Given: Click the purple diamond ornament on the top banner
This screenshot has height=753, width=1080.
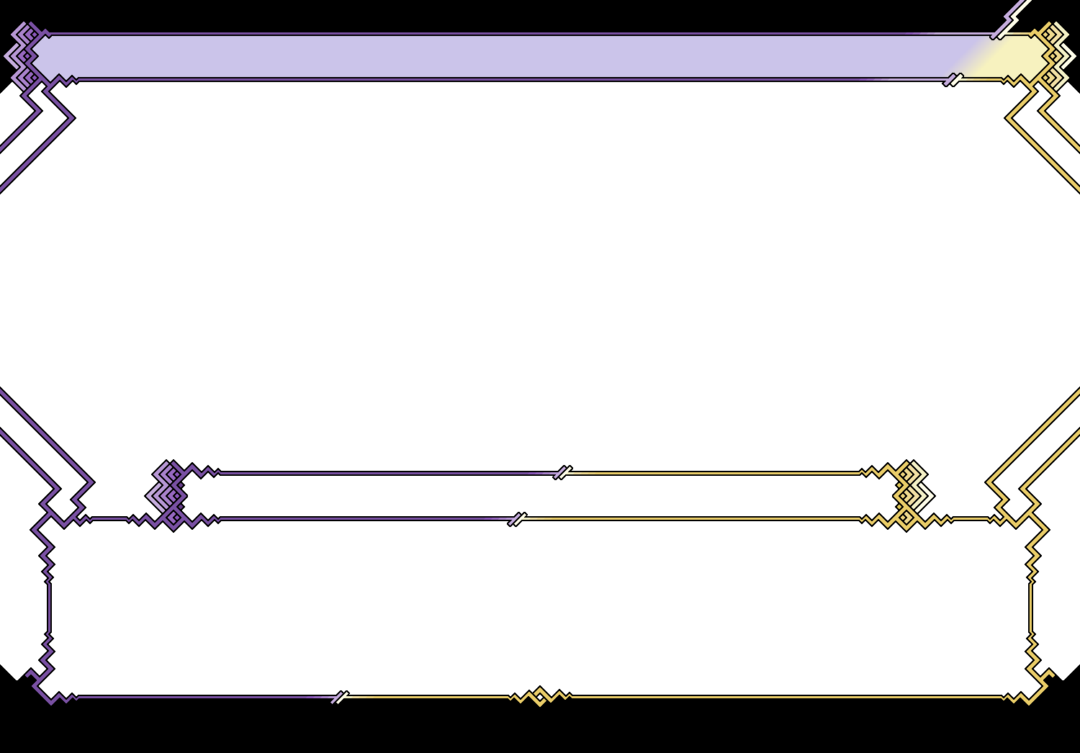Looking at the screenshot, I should point(24,56).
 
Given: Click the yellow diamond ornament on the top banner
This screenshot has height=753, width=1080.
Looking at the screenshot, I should point(1054,56).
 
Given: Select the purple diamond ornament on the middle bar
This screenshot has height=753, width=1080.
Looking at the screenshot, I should point(167,495).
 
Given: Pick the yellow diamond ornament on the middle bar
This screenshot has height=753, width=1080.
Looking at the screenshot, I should point(912,495).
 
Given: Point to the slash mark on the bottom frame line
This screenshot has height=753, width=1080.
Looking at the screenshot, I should point(339,697).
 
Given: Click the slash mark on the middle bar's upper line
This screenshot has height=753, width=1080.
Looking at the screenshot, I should point(562,472).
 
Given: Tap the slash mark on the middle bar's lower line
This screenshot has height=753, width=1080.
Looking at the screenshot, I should point(517,518).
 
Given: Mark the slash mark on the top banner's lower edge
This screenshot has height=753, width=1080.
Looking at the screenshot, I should point(953,78).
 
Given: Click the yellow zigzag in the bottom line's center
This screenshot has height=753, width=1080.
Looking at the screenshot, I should point(540,696).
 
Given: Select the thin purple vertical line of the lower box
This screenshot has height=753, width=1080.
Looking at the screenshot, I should point(49,608).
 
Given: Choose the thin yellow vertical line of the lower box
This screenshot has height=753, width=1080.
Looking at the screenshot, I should point(1030,608).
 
